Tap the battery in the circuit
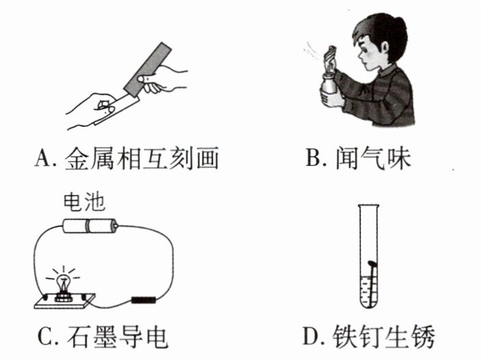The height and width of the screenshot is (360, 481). (x=90, y=226)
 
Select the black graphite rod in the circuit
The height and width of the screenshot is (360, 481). (x=144, y=300)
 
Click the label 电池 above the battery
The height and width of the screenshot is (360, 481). (x=84, y=202)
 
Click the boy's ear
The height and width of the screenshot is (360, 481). (x=384, y=47)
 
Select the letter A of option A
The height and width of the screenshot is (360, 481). (x=42, y=158)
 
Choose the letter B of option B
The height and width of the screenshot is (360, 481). (x=313, y=158)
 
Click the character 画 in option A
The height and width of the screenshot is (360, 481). (x=208, y=158)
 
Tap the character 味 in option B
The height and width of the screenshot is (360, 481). (x=399, y=158)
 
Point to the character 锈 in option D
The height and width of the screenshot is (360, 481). (x=423, y=336)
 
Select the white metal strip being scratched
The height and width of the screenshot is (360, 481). (x=117, y=108)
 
